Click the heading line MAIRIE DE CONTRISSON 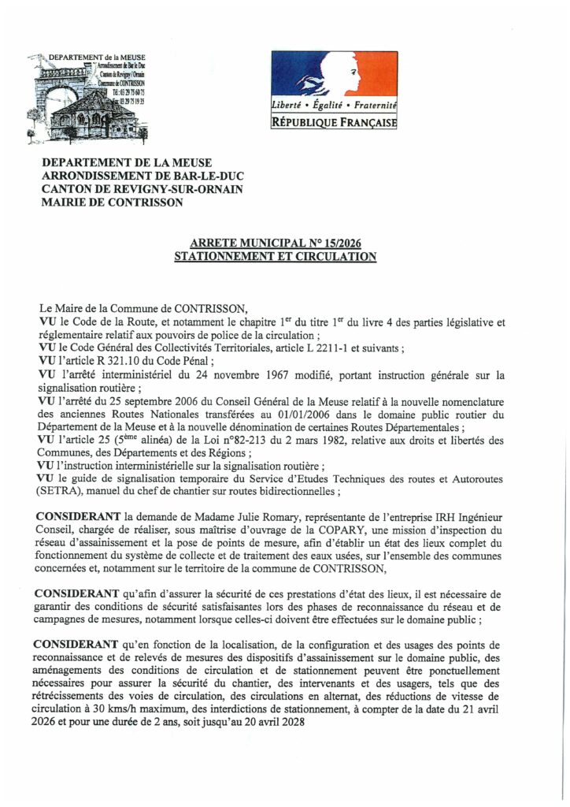tap(113, 202)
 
